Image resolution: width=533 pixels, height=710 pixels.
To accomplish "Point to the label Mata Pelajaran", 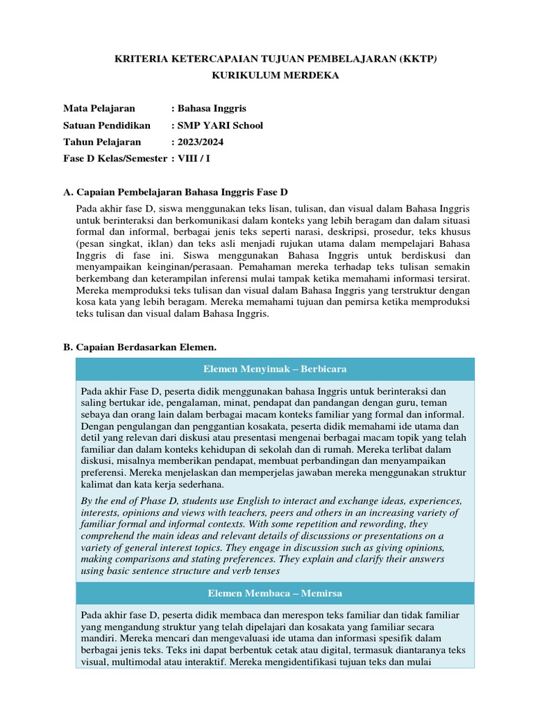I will (x=99, y=108).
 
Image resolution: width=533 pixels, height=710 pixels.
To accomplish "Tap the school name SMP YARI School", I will (x=221, y=125).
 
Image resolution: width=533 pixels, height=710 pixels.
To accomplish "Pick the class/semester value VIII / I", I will (x=194, y=159).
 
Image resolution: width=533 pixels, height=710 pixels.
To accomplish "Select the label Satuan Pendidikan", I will (x=107, y=125).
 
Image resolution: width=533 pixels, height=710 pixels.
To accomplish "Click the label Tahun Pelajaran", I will (x=102, y=142).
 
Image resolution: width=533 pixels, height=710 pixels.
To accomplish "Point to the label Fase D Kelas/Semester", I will (x=115, y=159).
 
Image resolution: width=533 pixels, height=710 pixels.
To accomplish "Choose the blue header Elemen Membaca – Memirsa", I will (x=275, y=594).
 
